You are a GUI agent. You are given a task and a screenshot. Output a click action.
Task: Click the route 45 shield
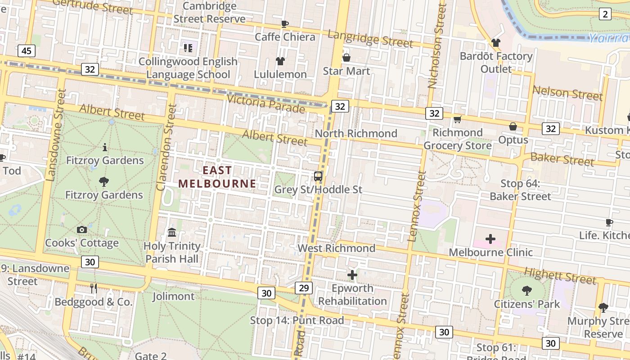(27, 51)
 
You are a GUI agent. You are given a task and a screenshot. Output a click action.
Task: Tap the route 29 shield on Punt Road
(304, 288)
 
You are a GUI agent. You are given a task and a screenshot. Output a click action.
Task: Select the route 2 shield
(605, 14)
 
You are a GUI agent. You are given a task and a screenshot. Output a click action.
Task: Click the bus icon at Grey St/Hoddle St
(318, 176)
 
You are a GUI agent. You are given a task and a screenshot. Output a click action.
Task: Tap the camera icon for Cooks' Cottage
(81, 230)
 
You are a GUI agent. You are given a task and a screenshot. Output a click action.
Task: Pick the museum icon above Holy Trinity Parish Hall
(172, 233)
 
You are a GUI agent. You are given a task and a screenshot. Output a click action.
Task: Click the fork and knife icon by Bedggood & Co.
(94, 288)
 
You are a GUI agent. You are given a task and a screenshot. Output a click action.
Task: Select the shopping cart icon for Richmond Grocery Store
(458, 119)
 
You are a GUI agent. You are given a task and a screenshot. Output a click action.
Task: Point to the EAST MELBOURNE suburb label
(217, 177)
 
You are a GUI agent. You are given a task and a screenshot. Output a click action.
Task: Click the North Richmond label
(356, 134)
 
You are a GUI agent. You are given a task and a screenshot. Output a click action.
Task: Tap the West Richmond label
(337, 248)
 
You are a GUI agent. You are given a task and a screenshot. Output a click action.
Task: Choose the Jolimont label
(173, 297)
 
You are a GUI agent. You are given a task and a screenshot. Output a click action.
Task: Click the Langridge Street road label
(370, 39)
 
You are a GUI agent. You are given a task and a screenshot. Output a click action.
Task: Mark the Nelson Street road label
(567, 93)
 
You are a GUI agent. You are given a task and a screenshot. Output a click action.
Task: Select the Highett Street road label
(560, 275)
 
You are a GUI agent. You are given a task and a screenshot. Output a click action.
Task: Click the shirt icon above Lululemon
(280, 61)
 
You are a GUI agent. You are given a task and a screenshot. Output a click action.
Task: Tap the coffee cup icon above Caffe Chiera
(284, 24)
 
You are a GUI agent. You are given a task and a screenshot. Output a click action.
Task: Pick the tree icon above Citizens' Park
(526, 291)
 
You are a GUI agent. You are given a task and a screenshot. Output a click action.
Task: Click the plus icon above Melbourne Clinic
(490, 239)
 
